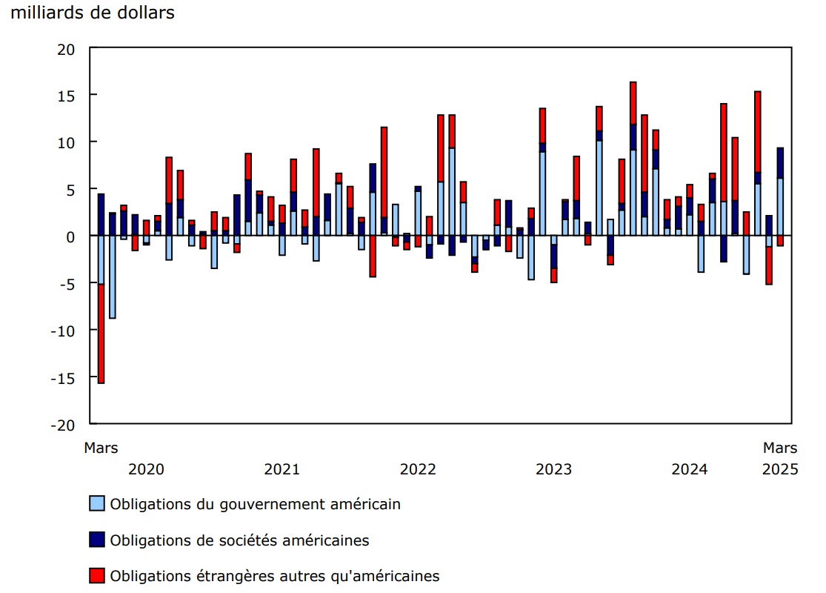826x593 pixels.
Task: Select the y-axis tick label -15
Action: [x=64, y=378]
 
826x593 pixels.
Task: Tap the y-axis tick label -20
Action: [x=64, y=425]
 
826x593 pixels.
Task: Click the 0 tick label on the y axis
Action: [x=72, y=236]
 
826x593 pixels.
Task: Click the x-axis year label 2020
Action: [x=146, y=469]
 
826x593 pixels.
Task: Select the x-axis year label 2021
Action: [x=282, y=469]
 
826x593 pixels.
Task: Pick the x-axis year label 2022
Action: [x=418, y=469]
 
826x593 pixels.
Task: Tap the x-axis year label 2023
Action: [x=553, y=469]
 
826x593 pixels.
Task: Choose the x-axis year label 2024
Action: [x=689, y=469]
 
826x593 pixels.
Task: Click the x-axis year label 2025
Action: [x=780, y=469]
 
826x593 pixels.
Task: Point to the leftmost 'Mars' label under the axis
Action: [x=101, y=448]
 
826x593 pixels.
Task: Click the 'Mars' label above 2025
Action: [x=780, y=448]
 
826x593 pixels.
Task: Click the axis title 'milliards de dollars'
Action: [x=93, y=13]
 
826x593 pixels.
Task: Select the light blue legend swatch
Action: [x=97, y=504]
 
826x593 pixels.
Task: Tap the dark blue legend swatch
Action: [x=97, y=540]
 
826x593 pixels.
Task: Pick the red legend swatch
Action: [x=97, y=575]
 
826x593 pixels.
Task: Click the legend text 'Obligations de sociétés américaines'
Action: [x=239, y=540]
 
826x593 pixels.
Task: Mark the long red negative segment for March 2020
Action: [x=101, y=334]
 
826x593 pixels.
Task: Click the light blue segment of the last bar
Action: [x=780, y=206]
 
